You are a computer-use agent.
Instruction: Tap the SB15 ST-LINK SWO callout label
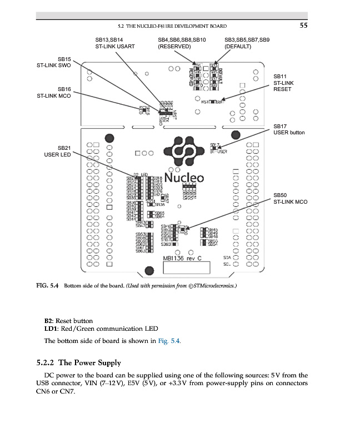pos(54,62)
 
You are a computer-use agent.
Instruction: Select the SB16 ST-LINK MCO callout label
pos(54,92)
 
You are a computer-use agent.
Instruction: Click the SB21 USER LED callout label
pos(57,151)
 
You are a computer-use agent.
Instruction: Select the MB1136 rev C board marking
pos(186,258)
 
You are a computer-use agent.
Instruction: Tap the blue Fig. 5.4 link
pos(168,341)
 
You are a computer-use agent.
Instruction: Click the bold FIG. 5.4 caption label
pos(47,286)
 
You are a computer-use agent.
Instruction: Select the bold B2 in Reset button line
pos(48,321)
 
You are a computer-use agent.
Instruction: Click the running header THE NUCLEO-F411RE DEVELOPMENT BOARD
pos(172,26)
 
